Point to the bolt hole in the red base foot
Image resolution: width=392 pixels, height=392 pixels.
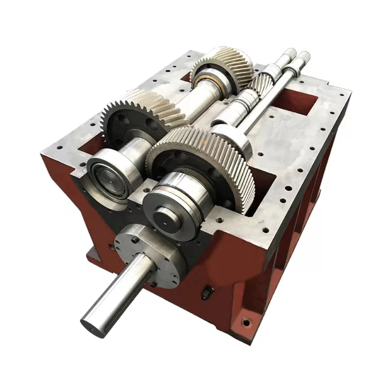247,322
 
